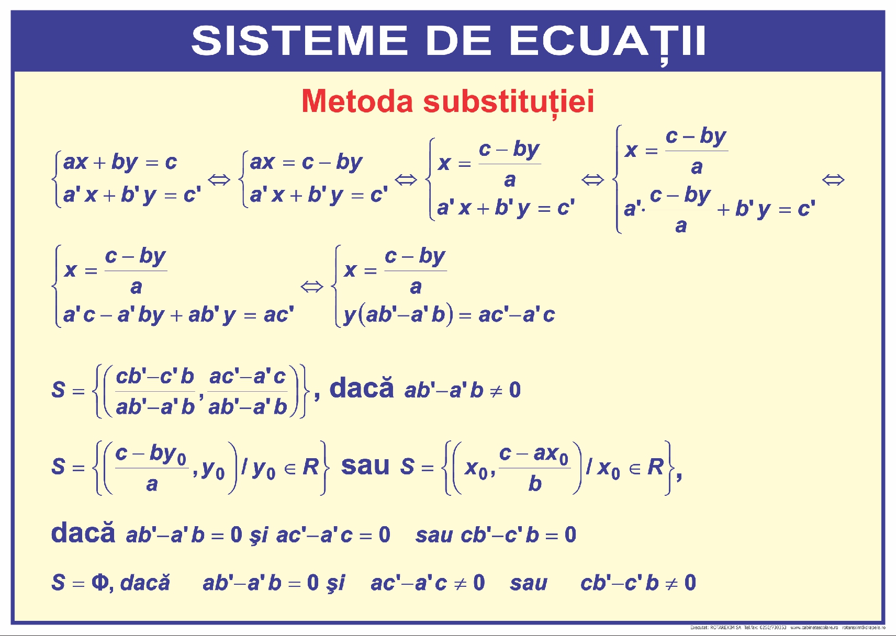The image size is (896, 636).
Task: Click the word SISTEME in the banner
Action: (299, 41)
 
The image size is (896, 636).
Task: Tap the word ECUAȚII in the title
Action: (608, 41)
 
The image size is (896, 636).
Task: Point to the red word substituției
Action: (509, 101)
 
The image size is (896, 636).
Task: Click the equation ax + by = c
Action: (120, 162)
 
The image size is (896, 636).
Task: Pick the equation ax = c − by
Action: (306, 162)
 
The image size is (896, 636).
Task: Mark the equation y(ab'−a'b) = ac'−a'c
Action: (449, 315)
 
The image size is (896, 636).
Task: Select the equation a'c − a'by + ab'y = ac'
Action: (178, 315)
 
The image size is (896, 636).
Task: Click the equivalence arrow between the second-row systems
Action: (312, 287)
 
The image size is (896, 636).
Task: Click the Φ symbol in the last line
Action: (99, 582)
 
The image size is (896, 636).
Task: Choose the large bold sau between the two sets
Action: (365, 465)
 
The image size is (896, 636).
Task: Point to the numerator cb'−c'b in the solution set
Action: (155, 376)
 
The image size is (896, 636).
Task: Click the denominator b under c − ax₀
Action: (534, 484)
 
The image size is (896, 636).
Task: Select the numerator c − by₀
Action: (151, 453)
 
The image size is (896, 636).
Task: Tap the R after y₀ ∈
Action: (310, 467)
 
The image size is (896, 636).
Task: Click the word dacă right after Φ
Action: (145, 583)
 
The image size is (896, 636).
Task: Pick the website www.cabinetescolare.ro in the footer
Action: (813, 627)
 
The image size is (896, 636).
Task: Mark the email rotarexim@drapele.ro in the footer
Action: (864, 627)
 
